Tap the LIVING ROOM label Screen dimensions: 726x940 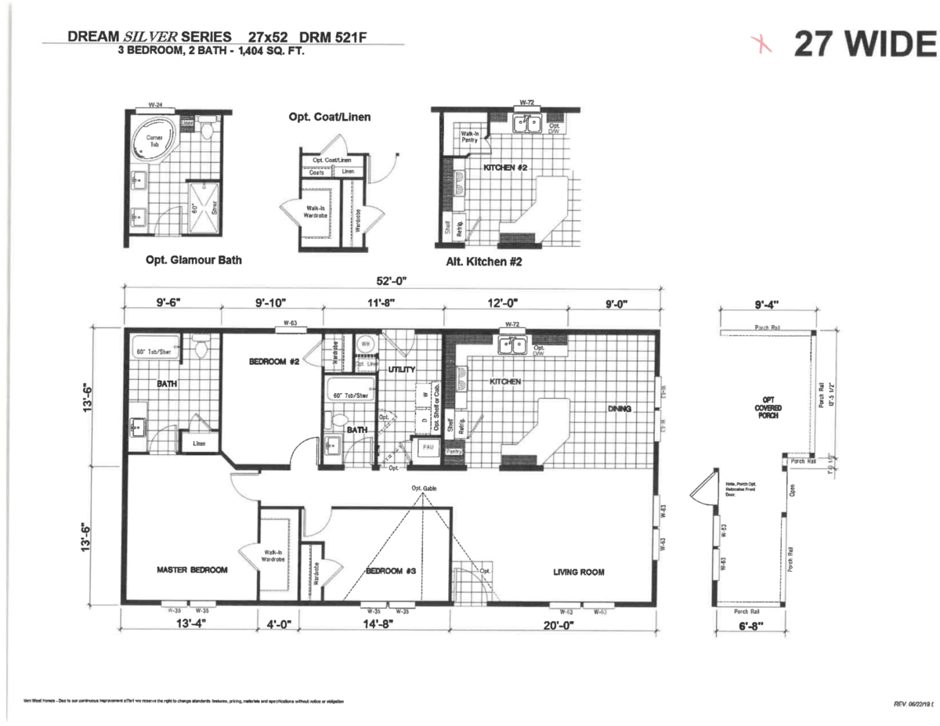(578, 572)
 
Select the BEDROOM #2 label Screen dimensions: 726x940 (270, 361)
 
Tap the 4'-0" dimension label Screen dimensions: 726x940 (279, 624)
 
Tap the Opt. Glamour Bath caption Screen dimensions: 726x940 (193, 260)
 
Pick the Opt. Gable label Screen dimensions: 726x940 (424, 489)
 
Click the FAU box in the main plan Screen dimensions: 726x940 (428, 447)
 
